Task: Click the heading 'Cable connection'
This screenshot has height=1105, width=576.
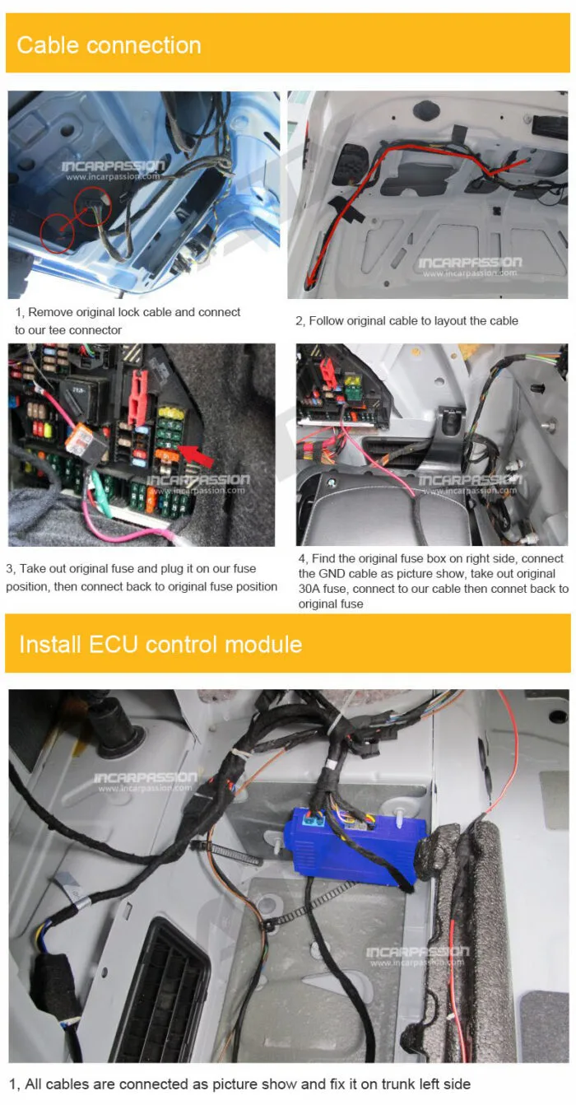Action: tap(109, 45)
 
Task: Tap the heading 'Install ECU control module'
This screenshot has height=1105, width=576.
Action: tap(160, 644)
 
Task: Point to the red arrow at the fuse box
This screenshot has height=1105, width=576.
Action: tap(197, 456)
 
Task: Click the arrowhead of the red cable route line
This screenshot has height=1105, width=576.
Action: tap(309, 282)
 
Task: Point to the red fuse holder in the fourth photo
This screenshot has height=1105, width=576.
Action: tap(327, 371)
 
